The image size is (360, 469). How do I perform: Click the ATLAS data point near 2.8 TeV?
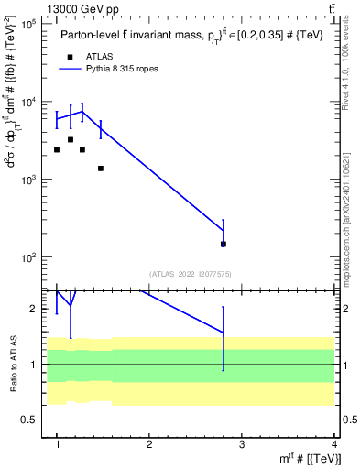coord(224,244)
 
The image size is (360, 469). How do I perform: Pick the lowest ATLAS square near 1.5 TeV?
coord(101,169)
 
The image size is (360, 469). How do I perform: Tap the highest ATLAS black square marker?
coord(71,140)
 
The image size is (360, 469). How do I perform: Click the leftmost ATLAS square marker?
coord(57,150)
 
